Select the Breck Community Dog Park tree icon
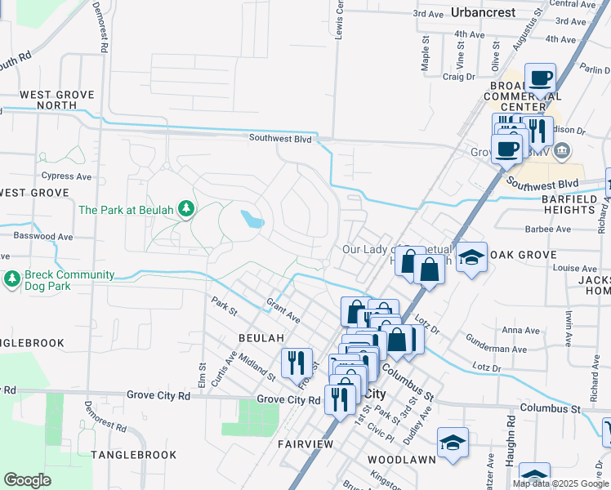tap(12, 280)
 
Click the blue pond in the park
tap(252, 219)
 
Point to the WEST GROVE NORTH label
tap(58, 100)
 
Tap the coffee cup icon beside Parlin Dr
tap(540, 79)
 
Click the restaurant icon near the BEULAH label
tap(297, 362)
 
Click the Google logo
tap(27, 480)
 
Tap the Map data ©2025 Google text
tap(560, 483)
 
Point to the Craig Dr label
tap(458, 77)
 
